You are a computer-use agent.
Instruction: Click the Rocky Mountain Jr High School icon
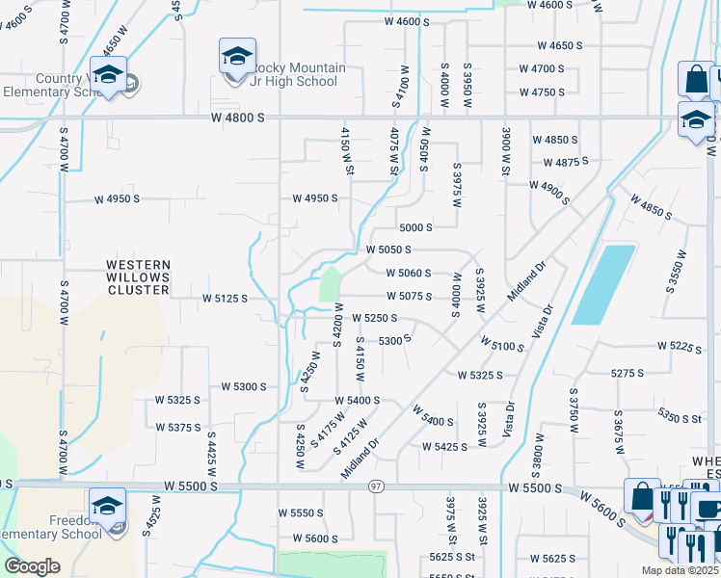[236, 56]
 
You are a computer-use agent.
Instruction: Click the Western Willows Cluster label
[138, 276]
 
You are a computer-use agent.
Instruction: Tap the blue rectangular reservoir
[604, 284]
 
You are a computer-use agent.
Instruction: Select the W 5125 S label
[226, 299]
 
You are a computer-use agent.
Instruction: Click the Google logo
[33, 566]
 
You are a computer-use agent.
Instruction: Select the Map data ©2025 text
[681, 570]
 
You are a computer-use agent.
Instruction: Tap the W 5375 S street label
[178, 427]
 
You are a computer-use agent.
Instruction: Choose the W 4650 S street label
[560, 45]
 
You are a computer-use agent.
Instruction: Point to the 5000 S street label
[415, 227]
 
